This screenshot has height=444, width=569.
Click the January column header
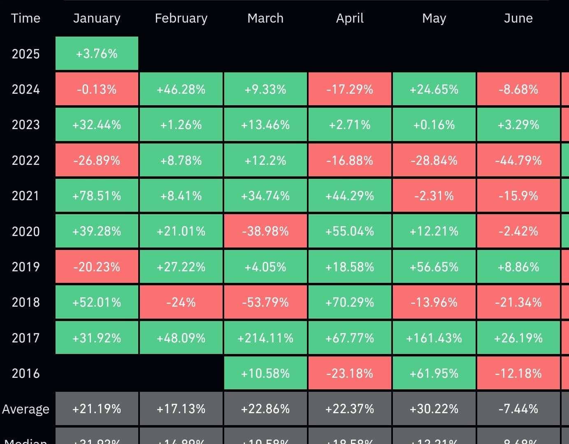click(x=97, y=18)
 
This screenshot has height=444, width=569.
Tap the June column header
click(x=518, y=18)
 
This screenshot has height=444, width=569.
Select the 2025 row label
click(x=26, y=54)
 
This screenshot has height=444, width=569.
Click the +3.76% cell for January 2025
click(x=97, y=53)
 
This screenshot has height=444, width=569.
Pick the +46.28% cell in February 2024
click(x=181, y=89)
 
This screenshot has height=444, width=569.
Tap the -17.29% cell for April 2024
click(x=350, y=89)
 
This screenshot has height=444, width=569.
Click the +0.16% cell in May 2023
click(x=434, y=125)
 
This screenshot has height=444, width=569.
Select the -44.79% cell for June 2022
click(x=518, y=160)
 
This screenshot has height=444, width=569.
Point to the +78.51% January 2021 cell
click(x=97, y=196)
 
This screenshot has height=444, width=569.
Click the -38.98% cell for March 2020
click(x=265, y=231)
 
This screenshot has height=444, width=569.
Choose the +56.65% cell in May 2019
click(x=434, y=267)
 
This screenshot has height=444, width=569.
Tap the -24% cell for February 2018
click(x=181, y=302)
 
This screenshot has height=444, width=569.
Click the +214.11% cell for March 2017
click(x=265, y=338)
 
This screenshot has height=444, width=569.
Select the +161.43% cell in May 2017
click(x=434, y=338)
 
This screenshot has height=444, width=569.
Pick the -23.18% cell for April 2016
click(x=350, y=373)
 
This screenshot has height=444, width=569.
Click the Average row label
click(x=26, y=409)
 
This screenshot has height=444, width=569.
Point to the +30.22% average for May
click(x=434, y=409)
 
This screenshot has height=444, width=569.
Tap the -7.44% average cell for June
click(x=518, y=409)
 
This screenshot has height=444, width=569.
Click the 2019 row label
click(x=26, y=267)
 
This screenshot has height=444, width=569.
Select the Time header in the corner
click(x=26, y=18)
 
